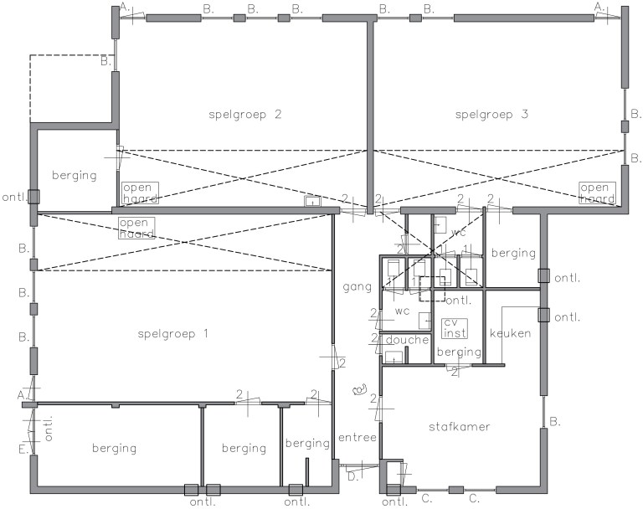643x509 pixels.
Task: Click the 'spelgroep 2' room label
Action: tap(245, 115)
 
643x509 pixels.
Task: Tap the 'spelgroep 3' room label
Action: tap(491, 115)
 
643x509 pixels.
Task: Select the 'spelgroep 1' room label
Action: tap(173, 334)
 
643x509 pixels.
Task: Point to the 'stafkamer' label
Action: tap(460, 427)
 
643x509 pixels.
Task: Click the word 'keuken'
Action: tap(510, 333)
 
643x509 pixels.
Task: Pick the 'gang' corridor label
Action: tap(358, 286)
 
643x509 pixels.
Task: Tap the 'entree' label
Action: tap(358, 438)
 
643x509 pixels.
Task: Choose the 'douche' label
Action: tap(407, 340)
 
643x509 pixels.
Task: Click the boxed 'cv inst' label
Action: tap(455, 328)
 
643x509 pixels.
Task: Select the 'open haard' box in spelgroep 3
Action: tap(597, 193)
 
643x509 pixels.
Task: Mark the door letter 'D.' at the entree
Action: tap(353, 476)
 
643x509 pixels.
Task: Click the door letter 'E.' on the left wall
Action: tap(23, 449)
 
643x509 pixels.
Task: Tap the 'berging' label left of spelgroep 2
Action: tap(75, 176)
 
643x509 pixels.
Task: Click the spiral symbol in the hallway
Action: tap(360, 389)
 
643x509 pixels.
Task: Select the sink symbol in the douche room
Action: tap(394, 357)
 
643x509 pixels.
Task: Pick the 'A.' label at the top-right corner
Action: tap(599, 7)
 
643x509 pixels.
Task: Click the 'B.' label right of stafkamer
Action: tap(555, 422)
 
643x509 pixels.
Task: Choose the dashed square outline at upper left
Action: tap(71, 88)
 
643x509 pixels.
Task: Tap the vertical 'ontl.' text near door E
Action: tap(49, 429)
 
